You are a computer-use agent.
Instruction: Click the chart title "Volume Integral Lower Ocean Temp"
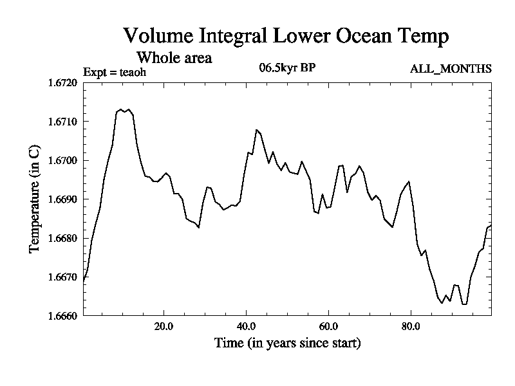pyautogui.click(x=286, y=37)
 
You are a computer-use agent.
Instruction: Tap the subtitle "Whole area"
pyautogui.click(x=174, y=58)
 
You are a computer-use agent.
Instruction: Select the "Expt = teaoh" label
pyautogui.click(x=115, y=72)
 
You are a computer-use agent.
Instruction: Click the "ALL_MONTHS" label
pyautogui.click(x=451, y=69)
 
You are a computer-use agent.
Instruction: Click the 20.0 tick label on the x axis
pyautogui.click(x=164, y=326)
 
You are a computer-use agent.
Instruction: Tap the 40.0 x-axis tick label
pyautogui.click(x=247, y=326)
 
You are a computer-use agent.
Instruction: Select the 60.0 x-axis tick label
pyautogui.click(x=328, y=326)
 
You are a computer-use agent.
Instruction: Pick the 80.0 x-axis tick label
pyautogui.click(x=411, y=326)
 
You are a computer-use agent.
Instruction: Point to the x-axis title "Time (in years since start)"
pyautogui.click(x=287, y=343)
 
